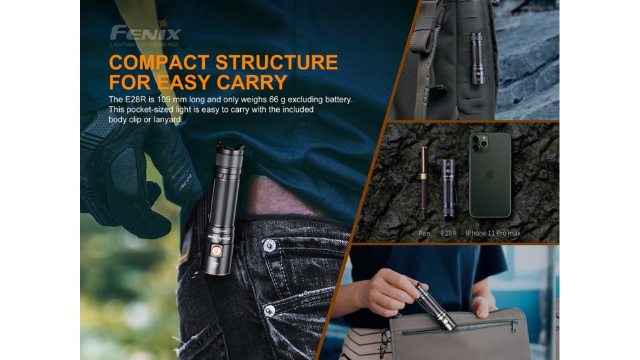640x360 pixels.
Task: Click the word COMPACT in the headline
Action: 159,62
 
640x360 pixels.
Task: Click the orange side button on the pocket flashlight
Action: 217,250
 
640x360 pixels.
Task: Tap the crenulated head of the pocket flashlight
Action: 230,149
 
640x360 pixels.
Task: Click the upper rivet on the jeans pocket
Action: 270,245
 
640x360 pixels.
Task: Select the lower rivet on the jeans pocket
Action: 270,311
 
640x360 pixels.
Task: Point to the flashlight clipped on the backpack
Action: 478,58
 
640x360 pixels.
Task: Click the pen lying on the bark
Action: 424,183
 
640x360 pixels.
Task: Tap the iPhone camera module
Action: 479,143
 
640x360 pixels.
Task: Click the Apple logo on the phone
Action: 489,174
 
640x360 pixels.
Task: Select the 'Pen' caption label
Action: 424,233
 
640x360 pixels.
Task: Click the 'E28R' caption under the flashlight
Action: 448,233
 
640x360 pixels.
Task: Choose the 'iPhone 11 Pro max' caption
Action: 493,233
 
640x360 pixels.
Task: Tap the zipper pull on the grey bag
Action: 515,326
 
